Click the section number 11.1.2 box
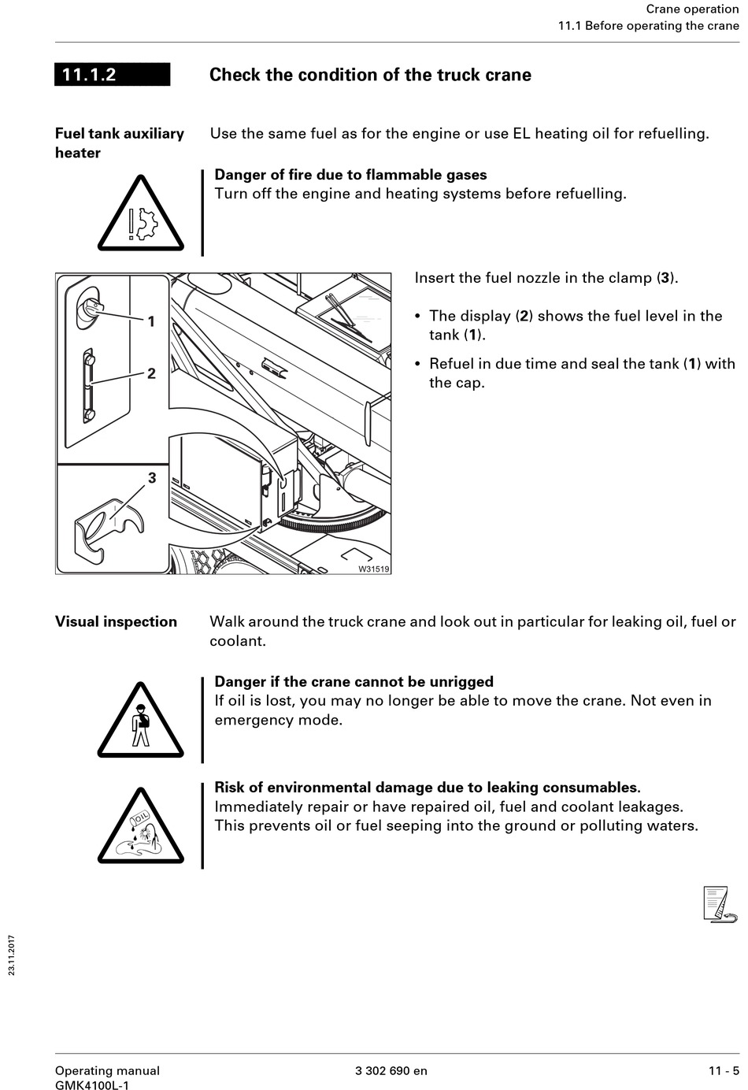pos(112,75)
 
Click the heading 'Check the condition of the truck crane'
pos(370,75)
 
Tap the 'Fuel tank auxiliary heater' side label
pos(119,143)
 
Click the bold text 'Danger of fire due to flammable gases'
pos(350,175)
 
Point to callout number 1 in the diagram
pos(151,321)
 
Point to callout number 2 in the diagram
pos(151,373)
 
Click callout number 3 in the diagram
pos(152,478)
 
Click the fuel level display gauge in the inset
pos(89,385)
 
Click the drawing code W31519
pos(373,569)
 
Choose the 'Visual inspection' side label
pos(116,621)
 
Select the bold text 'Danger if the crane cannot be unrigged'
pos(354,682)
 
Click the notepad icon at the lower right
pos(719,903)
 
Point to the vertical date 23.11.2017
pos(12,955)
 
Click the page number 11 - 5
pos(724,1070)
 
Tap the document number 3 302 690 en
pos(391,1070)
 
